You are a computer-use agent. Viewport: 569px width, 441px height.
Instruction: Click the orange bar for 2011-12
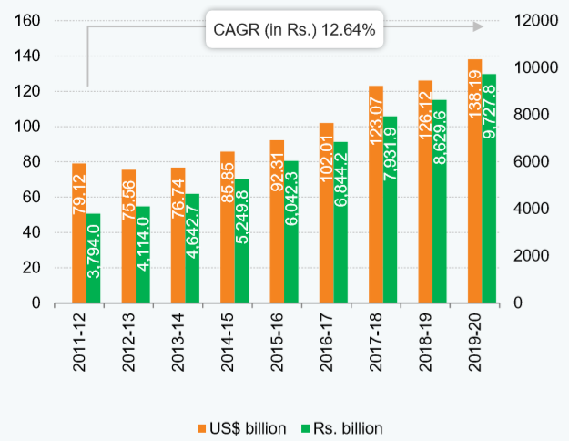(79, 233)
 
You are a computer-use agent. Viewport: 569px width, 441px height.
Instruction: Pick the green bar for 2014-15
(241, 241)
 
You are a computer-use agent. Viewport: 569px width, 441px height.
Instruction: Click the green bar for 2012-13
(143, 254)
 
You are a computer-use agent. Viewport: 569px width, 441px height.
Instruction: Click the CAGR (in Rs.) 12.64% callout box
(294, 29)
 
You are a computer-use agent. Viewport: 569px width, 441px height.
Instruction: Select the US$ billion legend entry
(241, 427)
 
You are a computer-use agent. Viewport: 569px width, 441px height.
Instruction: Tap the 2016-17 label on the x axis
(327, 344)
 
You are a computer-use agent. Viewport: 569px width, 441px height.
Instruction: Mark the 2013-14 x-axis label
(178, 344)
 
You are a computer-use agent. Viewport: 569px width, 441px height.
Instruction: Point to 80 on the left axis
(34, 162)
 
